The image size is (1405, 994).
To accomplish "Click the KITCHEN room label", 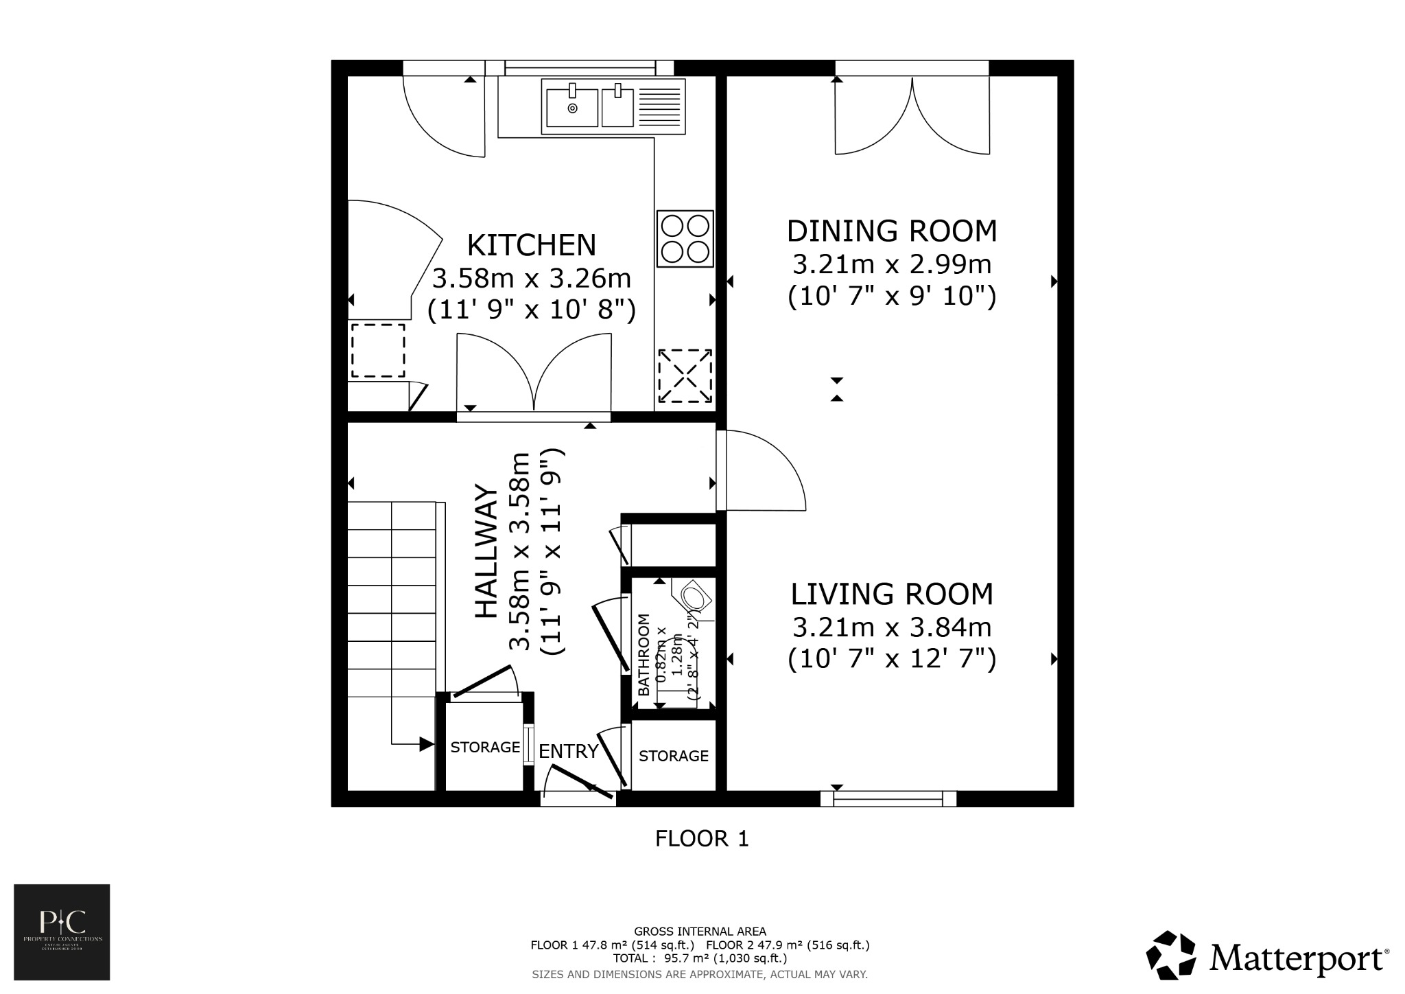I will pos(531,245).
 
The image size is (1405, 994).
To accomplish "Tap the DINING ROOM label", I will pos(891,231).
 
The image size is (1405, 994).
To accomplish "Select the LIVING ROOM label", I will pos(891,594).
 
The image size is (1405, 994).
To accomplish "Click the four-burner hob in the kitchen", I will pos(685,238).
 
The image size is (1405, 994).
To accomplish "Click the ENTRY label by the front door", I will pos(568,751).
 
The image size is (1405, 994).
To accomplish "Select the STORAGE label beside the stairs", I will pos(485,747).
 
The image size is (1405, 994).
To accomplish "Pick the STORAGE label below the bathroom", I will pos(673,756).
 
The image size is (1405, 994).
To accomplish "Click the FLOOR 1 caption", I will pos(702,838).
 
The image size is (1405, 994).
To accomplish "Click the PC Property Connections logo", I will pos(62,932).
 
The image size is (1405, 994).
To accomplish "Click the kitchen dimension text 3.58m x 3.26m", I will pos(531,278).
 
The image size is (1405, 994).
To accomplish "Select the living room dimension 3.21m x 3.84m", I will pos(891,627).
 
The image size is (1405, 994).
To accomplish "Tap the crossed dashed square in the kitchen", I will pos(685,375).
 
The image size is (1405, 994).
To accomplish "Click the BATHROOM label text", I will pos(644,655).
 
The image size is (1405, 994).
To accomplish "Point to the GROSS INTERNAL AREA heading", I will pos(700,932).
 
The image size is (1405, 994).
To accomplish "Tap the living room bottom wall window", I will pos(888,798).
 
